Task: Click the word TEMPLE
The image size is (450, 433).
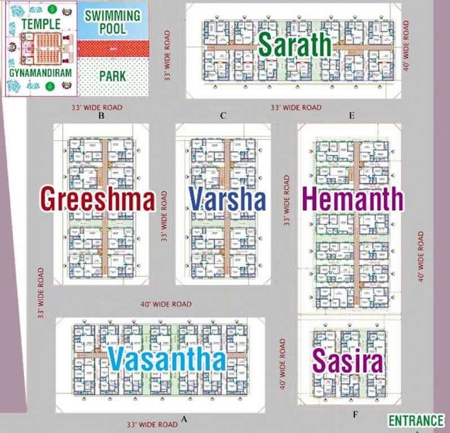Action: point(41,24)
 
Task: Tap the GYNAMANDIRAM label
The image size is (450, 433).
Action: point(41,73)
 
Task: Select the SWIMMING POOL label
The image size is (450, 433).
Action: point(113,21)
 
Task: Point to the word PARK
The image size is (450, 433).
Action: point(113,76)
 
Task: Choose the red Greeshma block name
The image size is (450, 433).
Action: point(98,200)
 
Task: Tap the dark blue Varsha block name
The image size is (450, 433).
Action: point(227,200)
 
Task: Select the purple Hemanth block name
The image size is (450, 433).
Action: point(353,200)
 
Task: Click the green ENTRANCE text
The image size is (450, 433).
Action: point(416,421)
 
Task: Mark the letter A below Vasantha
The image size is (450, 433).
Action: point(183,419)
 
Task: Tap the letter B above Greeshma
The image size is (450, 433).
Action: point(102,116)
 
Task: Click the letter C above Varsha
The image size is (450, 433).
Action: point(223,116)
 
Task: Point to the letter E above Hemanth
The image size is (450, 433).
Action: point(351,116)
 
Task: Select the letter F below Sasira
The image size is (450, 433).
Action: point(355,415)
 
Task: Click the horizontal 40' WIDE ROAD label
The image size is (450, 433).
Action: point(166,304)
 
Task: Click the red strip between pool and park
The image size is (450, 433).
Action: point(113,48)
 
